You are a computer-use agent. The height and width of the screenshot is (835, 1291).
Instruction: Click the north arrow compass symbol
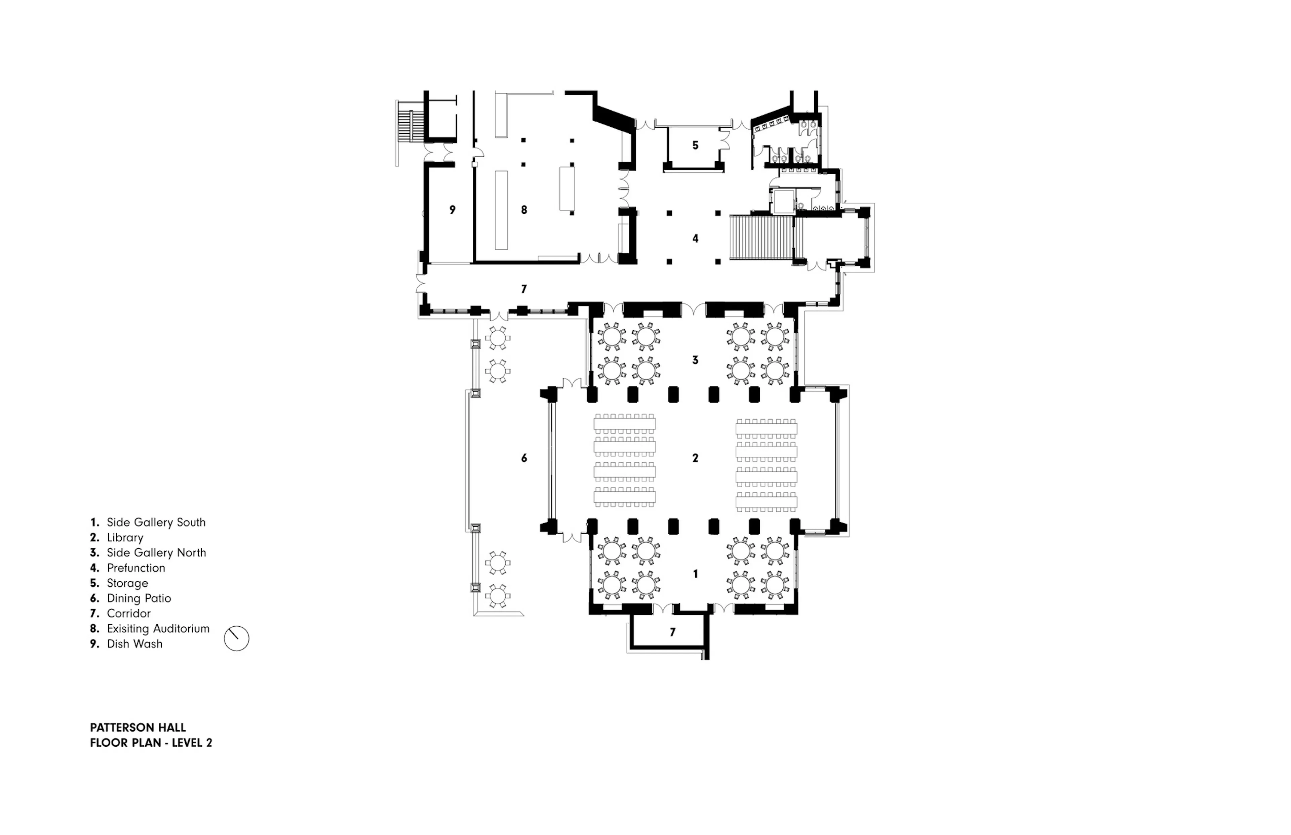click(x=236, y=639)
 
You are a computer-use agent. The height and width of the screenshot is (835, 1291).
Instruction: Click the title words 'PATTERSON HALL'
click(x=138, y=728)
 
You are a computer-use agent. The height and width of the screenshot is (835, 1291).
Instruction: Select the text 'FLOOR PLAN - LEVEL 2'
click(x=151, y=743)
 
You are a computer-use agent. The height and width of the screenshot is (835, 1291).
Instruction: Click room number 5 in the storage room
click(x=695, y=145)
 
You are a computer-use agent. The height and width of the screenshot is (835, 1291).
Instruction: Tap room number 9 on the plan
click(x=453, y=209)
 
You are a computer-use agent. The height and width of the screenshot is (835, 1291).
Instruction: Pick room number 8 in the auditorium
click(x=524, y=209)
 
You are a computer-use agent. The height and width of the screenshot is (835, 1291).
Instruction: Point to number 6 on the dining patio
click(x=524, y=458)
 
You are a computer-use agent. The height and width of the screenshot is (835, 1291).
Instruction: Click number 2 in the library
click(x=695, y=458)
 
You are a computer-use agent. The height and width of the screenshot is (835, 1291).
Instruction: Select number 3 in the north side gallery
click(x=695, y=360)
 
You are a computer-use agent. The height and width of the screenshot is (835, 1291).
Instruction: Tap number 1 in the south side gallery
click(x=695, y=574)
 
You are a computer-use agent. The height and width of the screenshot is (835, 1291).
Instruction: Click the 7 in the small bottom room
click(x=673, y=632)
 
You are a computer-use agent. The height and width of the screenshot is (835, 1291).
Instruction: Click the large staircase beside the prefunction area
click(x=760, y=238)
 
